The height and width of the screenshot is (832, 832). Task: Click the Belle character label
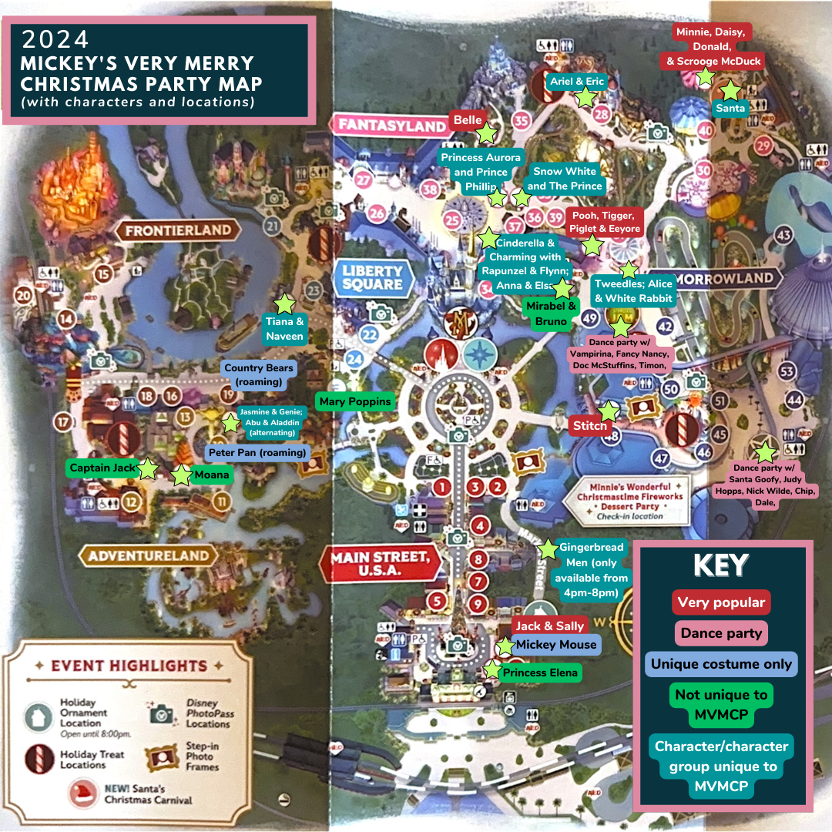(x=468, y=120)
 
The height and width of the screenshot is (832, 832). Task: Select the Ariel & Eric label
(x=579, y=82)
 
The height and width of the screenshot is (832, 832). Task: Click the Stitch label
(x=591, y=425)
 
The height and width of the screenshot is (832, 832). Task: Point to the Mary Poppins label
(x=355, y=401)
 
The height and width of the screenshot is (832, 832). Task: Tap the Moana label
(x=210, y=475)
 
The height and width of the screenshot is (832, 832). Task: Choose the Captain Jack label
(x=103, y=468)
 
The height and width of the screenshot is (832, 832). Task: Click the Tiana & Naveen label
(x=284, y=329)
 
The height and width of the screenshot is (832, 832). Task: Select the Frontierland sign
(x=178, y=230)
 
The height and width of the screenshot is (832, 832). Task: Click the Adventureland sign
(x=148, y=555)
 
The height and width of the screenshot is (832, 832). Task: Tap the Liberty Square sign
(x=372, y=277)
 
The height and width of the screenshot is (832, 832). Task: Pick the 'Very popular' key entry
(x=721, y=602)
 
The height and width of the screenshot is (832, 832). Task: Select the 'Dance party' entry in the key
(x=721, y=633)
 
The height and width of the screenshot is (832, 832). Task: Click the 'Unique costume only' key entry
(x=721, y=664)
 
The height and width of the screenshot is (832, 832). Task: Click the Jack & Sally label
(x=549, y=626)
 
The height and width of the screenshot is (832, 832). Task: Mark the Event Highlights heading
(x=129, y=666)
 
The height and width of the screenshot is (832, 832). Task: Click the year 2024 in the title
(x=55, y=40)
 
